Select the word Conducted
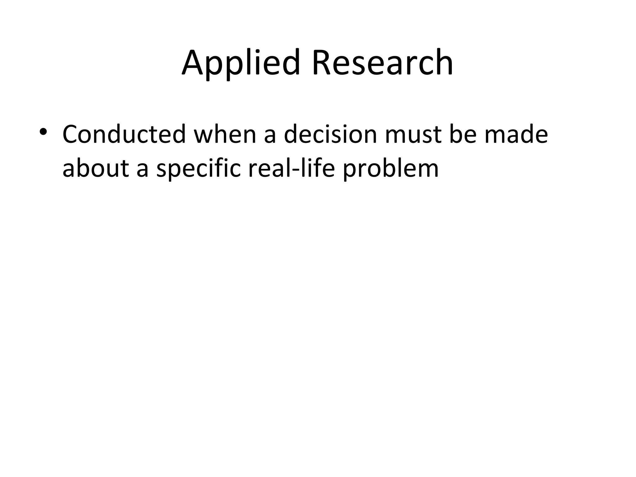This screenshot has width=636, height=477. click(x=124, y=134)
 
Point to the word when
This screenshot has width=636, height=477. click(x=225, y=134)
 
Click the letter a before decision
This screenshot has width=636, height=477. click(x=270, y=137)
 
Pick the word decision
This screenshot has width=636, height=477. click(x=330, y=134)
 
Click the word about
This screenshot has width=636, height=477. click(x=95, y=168)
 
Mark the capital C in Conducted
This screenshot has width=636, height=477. click(x=72, y=134)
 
